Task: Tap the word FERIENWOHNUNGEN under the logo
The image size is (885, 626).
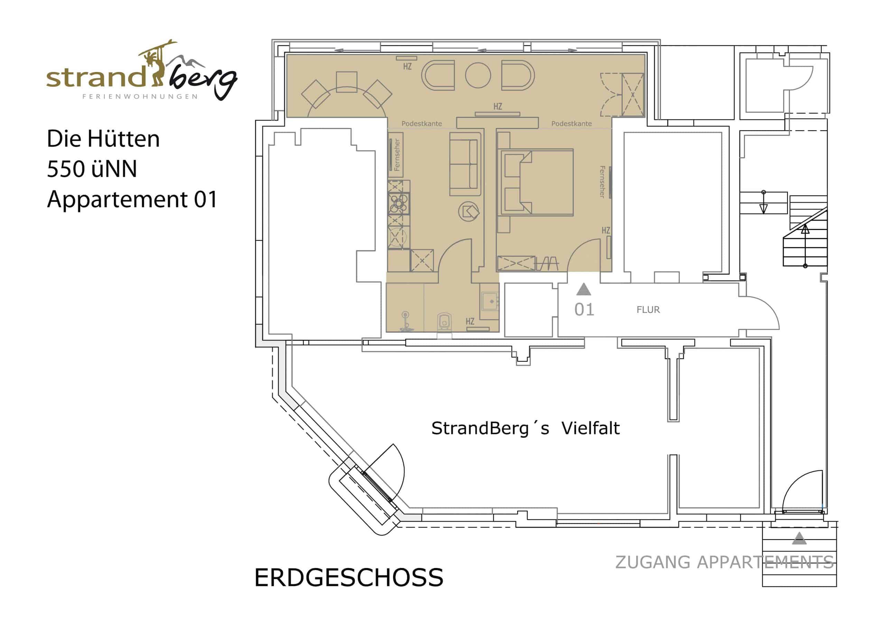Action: pos(140,96)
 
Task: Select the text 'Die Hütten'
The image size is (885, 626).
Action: pos(103,138)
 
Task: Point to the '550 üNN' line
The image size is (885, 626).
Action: pos(92,169)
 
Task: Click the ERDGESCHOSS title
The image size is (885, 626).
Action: pos(349,578)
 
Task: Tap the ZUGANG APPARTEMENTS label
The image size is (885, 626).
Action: pos(725,562)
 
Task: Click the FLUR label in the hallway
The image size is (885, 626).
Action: pos(648,310)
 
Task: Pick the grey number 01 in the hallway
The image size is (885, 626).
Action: pos(584,309)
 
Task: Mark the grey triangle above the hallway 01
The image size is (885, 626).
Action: pos(584,290)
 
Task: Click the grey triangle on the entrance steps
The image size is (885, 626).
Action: pos(799,539)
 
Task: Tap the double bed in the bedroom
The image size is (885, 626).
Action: pos(535,182)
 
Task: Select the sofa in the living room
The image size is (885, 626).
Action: pos(466,164)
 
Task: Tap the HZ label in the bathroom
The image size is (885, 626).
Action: pos(470,321)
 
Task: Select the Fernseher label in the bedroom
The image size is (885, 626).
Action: pos(602,182)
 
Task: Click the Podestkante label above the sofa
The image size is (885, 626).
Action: pos(422,124)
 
